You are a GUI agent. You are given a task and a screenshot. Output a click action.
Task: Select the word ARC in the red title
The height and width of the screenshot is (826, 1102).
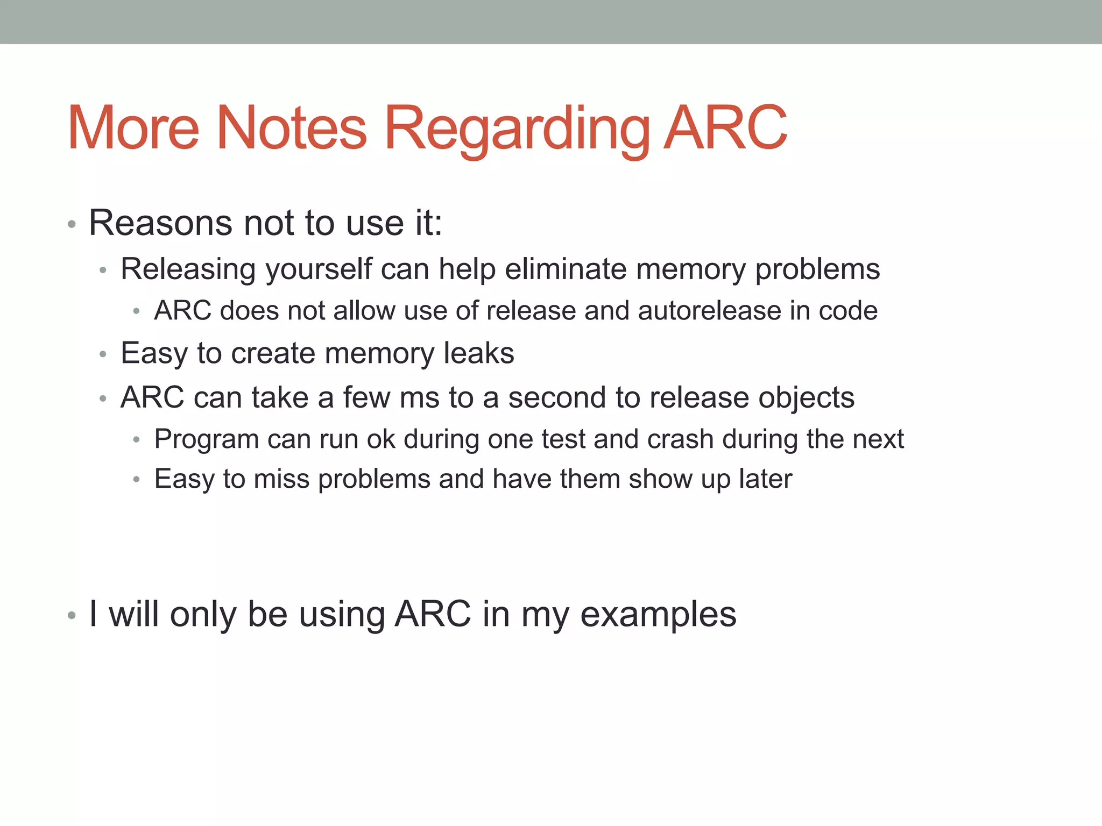coord(725,129)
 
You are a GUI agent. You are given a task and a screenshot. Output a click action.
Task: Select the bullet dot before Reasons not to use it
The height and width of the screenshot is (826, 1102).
coord(72,224)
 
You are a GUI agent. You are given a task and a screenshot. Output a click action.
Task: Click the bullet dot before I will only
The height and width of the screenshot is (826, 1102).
coord(72,616)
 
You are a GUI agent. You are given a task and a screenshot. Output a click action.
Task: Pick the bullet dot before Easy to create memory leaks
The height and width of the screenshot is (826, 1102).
coord(103,354)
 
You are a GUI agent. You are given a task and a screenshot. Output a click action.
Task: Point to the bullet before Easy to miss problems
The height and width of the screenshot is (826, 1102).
coord(137,480)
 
